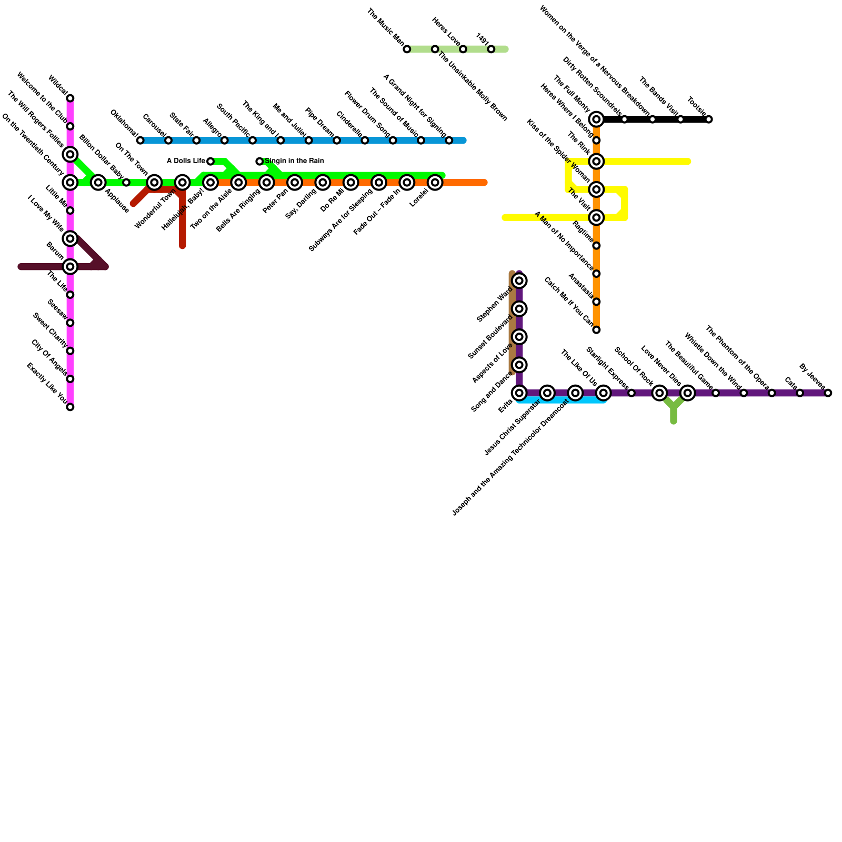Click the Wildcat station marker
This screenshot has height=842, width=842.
(70, 98)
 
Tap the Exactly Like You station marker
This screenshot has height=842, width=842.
(70, 407)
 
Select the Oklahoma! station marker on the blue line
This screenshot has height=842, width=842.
(140, 141)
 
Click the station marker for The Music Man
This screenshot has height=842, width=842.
(407, 49)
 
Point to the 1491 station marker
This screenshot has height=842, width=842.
(491, 49)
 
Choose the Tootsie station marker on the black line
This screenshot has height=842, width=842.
(709, 119)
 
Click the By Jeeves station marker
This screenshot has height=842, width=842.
(828, 393)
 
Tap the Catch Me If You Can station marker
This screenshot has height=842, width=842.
(596, 330)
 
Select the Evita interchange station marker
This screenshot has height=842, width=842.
(519, 393)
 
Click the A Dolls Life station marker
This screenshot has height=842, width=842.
(210, 162)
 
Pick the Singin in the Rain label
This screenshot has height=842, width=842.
(294, 161)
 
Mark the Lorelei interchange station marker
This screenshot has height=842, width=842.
(435, 183)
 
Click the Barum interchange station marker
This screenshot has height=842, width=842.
(70, 267)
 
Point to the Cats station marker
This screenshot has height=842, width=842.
(800, 393)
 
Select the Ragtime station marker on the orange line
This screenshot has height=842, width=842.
(596, 246)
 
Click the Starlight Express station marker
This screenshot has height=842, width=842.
(631, 393)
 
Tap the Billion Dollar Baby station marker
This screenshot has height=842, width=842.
(126, 183)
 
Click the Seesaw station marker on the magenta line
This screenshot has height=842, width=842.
(70, 323)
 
